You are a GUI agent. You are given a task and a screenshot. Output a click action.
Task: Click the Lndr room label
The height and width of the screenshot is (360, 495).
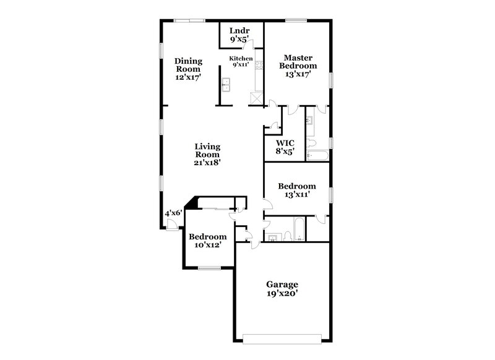coord(239,31)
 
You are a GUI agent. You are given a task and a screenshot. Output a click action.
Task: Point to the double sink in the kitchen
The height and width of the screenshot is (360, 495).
coord(226,84)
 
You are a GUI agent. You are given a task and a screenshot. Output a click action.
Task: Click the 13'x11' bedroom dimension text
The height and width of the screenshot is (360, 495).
coord(296,194)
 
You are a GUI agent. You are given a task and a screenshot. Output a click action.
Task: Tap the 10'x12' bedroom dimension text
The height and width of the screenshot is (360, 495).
coord(207,246)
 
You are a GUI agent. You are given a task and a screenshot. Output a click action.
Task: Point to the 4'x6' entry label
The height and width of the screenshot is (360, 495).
coord(173,213)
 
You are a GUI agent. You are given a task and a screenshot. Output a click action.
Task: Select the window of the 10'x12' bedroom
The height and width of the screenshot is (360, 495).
coord(210,268)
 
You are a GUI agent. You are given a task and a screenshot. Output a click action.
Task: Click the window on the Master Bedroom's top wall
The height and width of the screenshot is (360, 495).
coord(296,22)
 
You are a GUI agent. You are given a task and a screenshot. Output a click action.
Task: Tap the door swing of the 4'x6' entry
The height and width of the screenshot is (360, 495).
coord(170,224)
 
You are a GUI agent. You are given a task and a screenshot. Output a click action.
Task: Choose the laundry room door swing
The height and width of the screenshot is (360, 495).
coord(249,51)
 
